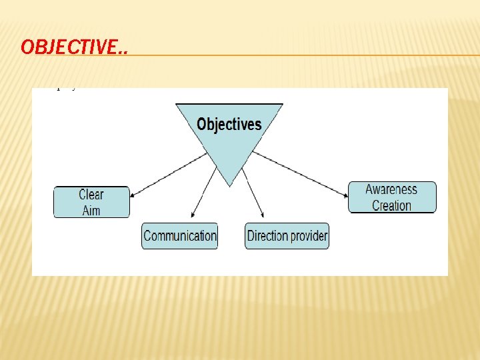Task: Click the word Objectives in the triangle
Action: pos(229,125)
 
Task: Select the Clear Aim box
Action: pos(91,202)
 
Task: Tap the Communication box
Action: pos(180,236)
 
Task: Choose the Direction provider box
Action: pos(287,236)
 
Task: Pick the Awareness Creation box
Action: pos(392,197)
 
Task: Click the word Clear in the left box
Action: pos(91,195)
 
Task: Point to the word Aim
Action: pos(91,211)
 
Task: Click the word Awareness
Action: pos(391,189)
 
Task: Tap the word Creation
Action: pos(391,206)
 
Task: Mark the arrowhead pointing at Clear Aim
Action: pos(133,195)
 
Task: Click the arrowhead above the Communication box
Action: pos(192,215)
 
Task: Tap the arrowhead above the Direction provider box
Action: pos(262,215)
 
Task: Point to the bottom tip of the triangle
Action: pos(229,185)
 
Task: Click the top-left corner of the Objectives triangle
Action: pos(176,105)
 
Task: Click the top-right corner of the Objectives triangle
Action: pos(283,105)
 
